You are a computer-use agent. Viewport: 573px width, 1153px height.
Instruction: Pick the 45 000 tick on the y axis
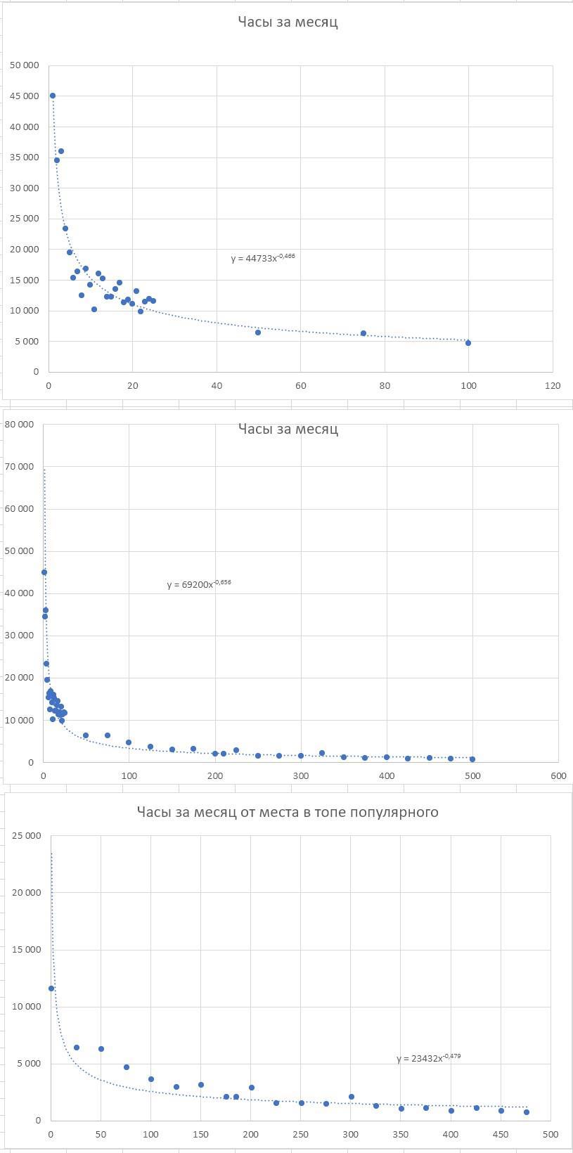25,96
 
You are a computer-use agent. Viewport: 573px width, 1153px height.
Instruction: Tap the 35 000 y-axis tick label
25,157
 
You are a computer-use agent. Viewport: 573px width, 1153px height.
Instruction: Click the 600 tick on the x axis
558,775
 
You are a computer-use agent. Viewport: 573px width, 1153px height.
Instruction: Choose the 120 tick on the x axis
553,385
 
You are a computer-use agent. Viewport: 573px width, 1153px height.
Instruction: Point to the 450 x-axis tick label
501,1135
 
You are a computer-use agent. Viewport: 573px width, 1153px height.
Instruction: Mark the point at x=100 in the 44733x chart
468,343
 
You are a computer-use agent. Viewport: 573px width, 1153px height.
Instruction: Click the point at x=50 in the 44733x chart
258,333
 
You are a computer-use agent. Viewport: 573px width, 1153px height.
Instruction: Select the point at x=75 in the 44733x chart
363,333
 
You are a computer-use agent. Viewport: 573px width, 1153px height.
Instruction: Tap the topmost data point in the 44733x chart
53,96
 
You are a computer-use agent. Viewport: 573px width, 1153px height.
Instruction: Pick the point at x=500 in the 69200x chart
472,759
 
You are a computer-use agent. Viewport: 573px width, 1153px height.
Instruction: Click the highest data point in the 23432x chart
51,988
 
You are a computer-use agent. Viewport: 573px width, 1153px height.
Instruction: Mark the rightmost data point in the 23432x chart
526,1112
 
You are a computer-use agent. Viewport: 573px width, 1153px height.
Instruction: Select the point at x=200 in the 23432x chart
251,1088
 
